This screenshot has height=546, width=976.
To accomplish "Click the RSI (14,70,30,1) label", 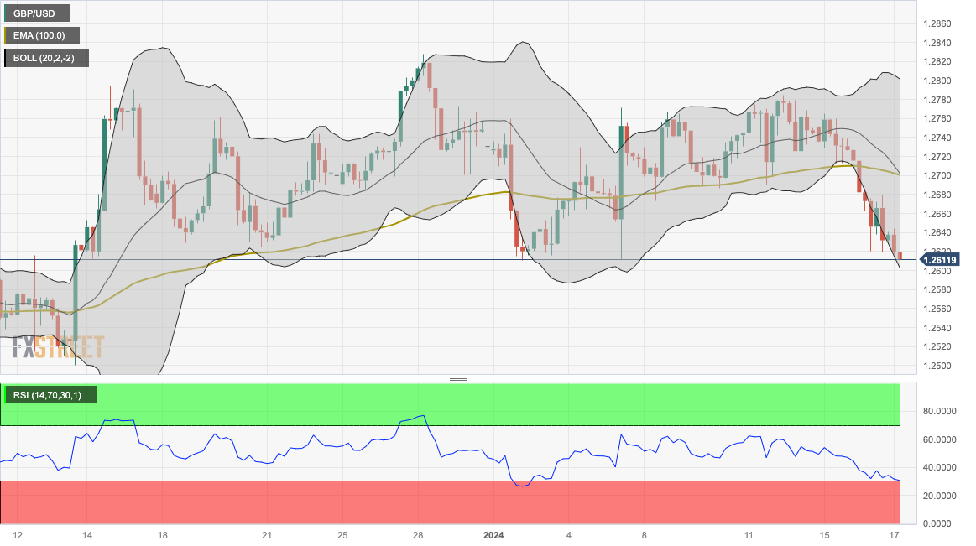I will point(50,395).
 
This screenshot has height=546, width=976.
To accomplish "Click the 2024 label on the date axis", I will point(493,535).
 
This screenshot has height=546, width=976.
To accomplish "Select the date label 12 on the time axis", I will point(18,535).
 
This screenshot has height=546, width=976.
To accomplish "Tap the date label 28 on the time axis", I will point(418,535).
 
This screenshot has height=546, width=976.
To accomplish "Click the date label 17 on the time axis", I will point(895,535).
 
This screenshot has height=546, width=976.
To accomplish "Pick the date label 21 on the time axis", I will point(266,535).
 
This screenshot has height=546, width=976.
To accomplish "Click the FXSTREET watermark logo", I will point(58,346).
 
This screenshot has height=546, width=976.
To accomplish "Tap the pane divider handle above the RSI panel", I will point(458,378).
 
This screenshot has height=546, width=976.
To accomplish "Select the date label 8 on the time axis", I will point(645,535).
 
